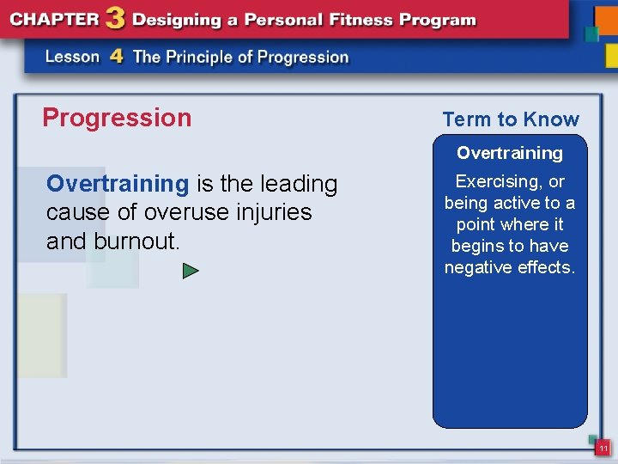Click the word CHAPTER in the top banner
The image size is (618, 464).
54,20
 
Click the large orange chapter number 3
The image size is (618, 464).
116,19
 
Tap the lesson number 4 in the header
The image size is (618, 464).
117,57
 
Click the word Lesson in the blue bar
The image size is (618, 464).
73,58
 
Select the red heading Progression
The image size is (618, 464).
117,118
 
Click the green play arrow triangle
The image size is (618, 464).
191,272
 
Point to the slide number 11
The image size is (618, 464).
603,449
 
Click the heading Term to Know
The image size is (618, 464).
511,120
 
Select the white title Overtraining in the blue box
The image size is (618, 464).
510,153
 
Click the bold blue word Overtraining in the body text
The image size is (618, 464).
118,184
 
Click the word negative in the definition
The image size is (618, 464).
479,267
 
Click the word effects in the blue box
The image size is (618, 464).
547,267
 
